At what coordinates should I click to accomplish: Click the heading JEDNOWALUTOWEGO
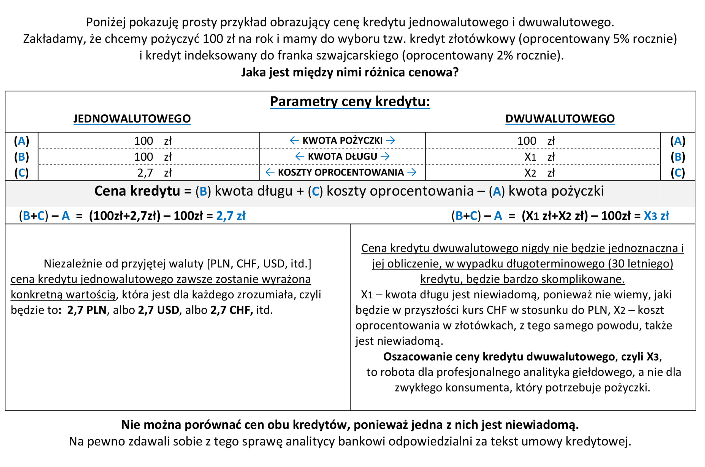pos(132,118)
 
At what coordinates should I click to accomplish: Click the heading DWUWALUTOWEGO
pos(560,118)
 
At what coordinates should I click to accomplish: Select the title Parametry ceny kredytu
pos(350,101)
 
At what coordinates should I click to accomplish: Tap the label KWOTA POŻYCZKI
pos(342,140)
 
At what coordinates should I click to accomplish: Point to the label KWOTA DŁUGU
pos(342,156)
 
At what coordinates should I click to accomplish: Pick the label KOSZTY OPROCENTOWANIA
pos(341,172)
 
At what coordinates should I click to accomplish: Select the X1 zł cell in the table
pos(539,157)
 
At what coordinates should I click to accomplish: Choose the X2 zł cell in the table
pos(539,173)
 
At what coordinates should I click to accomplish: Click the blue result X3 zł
pos(656,216)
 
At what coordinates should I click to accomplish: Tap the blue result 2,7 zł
pos(231,216)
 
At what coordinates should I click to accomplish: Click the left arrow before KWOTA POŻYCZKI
pos(294,140)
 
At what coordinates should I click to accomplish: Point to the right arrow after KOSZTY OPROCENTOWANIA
pos(412,172)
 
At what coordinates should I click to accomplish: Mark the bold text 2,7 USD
pos(158,310)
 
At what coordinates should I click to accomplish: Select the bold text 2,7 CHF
pos(232,310)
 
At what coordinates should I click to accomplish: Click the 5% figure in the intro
pos(621,39)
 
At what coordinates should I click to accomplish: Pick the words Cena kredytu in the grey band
pos(137,191)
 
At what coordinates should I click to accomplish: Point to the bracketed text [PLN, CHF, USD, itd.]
pos(259,264)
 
